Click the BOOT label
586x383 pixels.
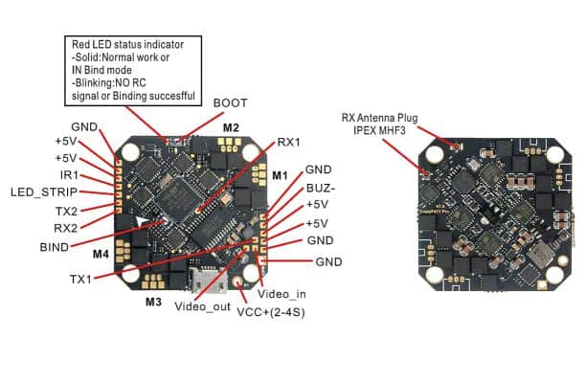[x=230, y=102]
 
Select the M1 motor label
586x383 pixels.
[x=280, y=175]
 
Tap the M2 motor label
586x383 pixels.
[x=231, y=126]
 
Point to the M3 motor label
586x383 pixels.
[x=153, y=302]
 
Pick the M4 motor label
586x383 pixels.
[x=101, y=255]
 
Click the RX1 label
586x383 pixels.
[x=287, y=142]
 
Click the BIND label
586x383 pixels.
[x=54, y=246]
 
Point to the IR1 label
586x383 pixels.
[x=69, y=176]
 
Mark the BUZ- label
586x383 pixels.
[x=319, y=188]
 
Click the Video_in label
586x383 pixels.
[x=284, y=292]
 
